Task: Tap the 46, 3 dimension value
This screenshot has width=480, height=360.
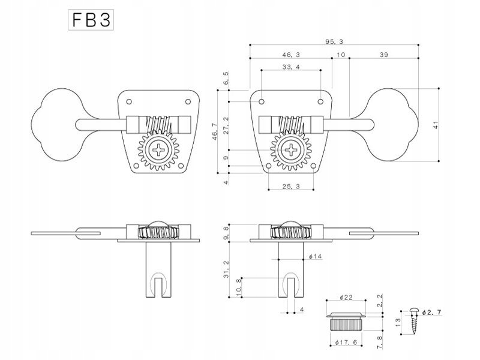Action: [290, 55]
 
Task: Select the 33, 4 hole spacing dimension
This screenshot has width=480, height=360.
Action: [290, 67]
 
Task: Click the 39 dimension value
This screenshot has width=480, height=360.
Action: [384, 55]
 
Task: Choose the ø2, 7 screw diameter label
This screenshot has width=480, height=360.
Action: [432, 313]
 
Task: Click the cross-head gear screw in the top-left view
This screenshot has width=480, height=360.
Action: [160, 149]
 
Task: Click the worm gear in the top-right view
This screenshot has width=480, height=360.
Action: [293, 124]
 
